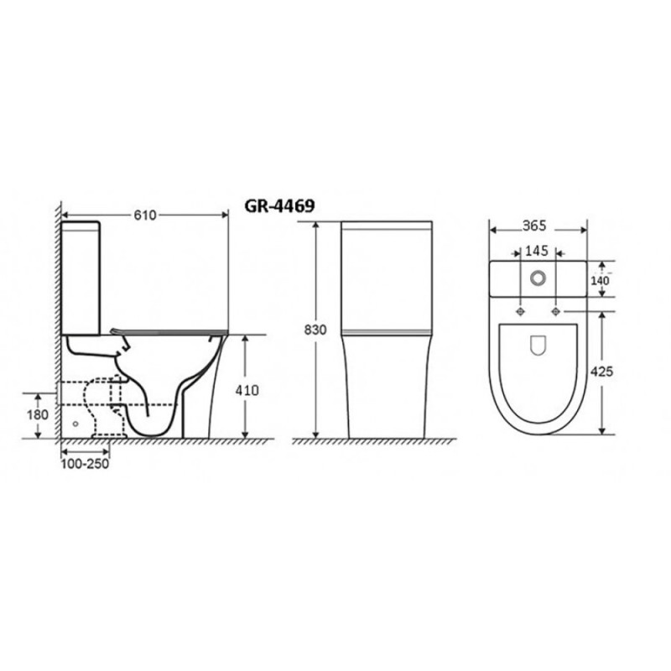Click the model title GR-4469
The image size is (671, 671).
click(279, 205)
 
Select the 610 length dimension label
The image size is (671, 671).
click(145, 216)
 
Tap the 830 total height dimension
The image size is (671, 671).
click(315, 330)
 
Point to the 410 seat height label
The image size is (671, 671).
click(247, 390)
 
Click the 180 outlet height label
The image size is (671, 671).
click(38, 414)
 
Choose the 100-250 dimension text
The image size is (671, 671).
click(85, 464)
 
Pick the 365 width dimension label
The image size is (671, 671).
click(534, 226)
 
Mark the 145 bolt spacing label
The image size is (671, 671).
click(537, 251)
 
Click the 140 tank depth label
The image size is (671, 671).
click(600, 281)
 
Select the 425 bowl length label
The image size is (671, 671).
click(601, 372)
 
